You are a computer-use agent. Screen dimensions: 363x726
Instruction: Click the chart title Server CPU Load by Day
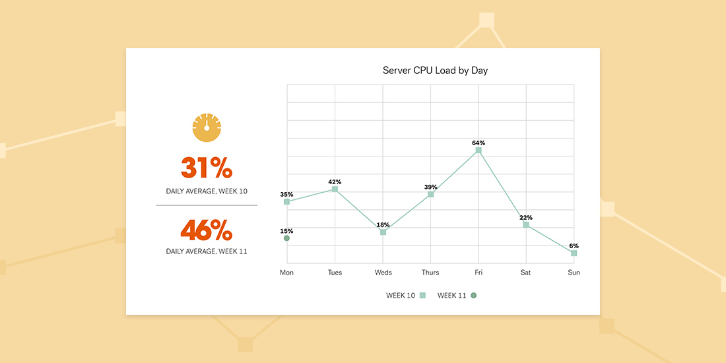435,70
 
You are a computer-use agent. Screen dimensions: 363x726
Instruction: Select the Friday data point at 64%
478,150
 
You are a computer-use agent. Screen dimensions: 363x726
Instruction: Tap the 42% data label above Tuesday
335,181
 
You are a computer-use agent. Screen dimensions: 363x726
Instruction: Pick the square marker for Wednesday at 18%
383,232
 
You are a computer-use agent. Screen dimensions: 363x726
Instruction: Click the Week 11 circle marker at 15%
286,238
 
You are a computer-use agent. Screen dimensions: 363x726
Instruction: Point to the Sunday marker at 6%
574,253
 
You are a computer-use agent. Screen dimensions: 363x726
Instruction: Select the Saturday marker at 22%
526,224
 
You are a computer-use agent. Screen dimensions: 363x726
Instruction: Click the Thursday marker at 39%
431,194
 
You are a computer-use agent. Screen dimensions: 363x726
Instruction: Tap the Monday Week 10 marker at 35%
286,201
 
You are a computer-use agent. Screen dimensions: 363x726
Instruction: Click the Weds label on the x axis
383,273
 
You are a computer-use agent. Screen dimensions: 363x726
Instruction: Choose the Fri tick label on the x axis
478,273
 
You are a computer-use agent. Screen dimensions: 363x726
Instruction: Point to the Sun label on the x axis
574,273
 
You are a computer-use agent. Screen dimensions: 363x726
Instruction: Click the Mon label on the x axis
286,273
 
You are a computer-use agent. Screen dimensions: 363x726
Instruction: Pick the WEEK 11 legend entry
457,296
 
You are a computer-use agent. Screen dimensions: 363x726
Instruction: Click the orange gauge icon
207,127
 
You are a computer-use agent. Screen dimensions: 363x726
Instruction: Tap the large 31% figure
207,168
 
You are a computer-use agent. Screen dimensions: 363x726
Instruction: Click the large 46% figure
207,230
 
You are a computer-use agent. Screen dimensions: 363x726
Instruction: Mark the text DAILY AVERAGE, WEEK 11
207,251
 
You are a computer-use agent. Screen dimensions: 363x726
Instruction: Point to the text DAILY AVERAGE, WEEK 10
207,191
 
